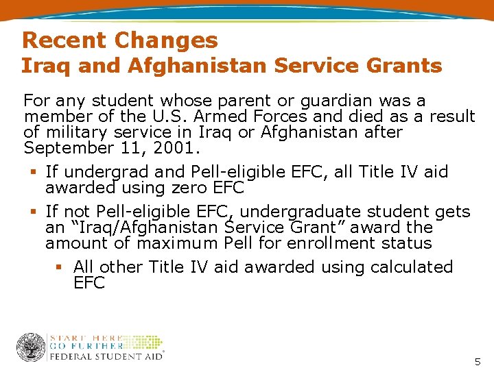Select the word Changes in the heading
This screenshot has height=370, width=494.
click(x=166, y=40)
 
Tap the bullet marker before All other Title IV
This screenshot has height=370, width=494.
click(x=60, y=267)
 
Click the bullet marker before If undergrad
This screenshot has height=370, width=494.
click(x=32, y=171)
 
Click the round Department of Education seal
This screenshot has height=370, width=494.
click(x=30, y=347)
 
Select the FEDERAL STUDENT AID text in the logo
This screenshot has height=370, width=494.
click(x=106, y=356)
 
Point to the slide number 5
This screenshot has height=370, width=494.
click(x=478, y=361)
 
